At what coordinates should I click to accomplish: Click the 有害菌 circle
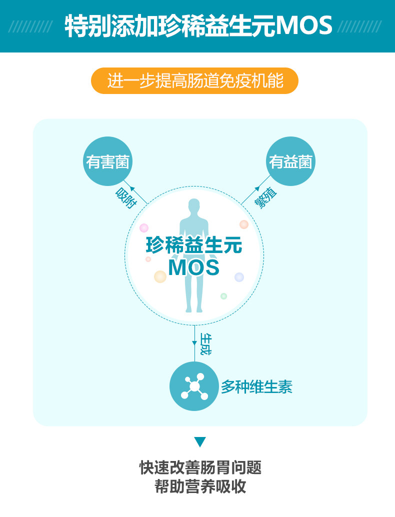pyautogui.click(x=107, y=161)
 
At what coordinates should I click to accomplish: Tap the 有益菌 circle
pyautogui.click(x=290, y=161)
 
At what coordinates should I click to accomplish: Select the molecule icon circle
pyautogui.click(x=194, y=386)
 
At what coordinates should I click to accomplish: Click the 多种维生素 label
pyautogui.click(x=256, y=386)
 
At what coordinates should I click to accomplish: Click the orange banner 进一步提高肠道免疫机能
pyautogui.click(x=194, y=80)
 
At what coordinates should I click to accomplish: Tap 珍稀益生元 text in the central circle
pyautogui.click(x=194, y=245)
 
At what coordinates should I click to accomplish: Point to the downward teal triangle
pyautogui.click(x=200, y=442)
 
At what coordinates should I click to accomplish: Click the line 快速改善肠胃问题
pyautogui.click(x=200, y=468)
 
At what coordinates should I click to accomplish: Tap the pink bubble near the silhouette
pyautogui.click(x=144, y=228)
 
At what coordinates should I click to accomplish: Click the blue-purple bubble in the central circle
pyautogui.click(x=239, y=277)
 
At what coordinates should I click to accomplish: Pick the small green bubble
pyautogui.click(x=223, y=296)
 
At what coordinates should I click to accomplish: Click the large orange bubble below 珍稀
pyautogui.click(x=160, y=276)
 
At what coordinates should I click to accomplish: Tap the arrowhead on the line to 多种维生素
pyautogui.click(x=194, y=342)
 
